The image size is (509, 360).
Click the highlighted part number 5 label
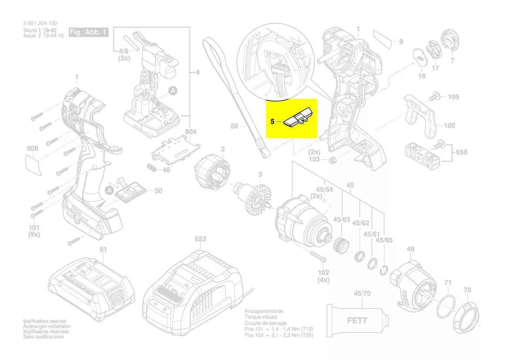tap(272, 122)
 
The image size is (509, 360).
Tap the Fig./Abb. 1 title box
tap(88, 32)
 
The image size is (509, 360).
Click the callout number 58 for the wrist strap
tap(234, 126)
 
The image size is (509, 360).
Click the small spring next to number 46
tap(151, 168)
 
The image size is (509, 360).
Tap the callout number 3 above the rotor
tap(260, 175)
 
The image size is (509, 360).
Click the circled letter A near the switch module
tap(172, 91)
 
